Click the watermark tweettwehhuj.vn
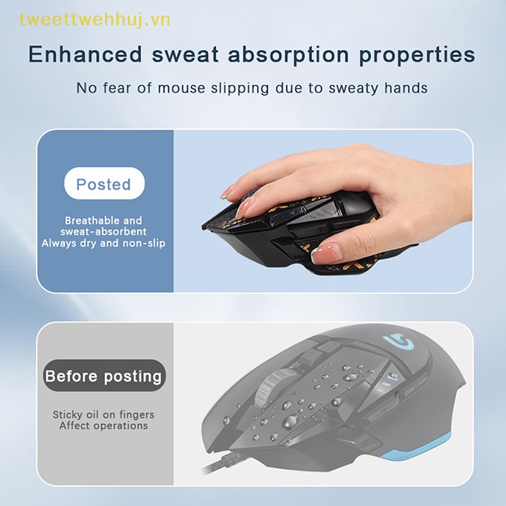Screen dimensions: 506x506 click(x=94, y=20)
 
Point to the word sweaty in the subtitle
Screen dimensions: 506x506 click(x=351, y=88)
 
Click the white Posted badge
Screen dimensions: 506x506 click(x=104, y=185)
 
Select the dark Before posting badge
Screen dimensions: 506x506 click(x=104, y=376)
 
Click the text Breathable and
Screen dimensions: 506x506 click(x=104, y=221)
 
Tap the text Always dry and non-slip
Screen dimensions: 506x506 click(x=104, y=242)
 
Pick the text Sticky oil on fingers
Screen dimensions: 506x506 click(x=104, y=415)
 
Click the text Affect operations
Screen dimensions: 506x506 click(x=104, y=426)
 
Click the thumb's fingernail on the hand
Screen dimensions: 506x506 click(x=326, y=254)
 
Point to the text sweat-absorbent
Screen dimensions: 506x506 click(x=104, y=231)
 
